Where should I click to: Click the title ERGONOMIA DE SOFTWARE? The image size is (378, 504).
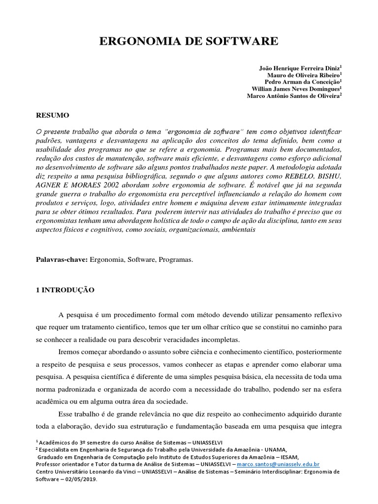tap(189, 42)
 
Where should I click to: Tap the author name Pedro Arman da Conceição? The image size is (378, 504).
tap(302, 82)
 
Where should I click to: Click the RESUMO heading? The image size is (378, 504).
tap(53, 115)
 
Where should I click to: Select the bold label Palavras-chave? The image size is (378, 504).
tap(62, 259)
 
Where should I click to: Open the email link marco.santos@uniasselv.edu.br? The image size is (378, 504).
tap(278, 464)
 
